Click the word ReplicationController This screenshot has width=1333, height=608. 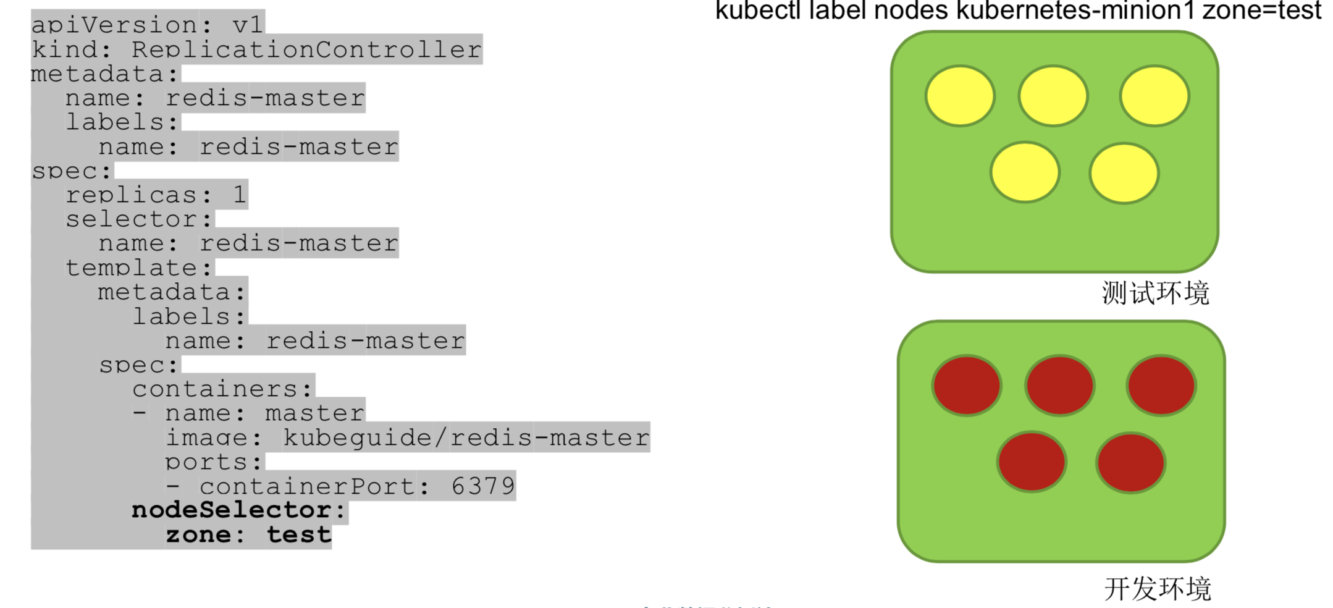(x=306, y=49)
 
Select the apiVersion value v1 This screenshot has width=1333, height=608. (x=248, y=25)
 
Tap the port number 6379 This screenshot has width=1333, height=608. (x=483, y=486)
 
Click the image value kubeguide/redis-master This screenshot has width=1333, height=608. (x=466, y=437)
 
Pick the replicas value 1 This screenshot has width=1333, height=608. (x=240, y=195)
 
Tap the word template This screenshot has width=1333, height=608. (x=132, y=268)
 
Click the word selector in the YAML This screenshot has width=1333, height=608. (x=132, y=219)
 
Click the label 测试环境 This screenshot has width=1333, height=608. (x=1155, y=293)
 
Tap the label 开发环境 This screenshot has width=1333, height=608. (x=1158, y=589)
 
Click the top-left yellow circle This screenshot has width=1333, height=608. (x=960, y=96)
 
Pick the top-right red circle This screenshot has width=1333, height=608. (x=1161, y=386)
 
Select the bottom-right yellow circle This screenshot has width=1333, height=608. (x=1124, y=173)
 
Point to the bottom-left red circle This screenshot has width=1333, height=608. (x=1032, y=462)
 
